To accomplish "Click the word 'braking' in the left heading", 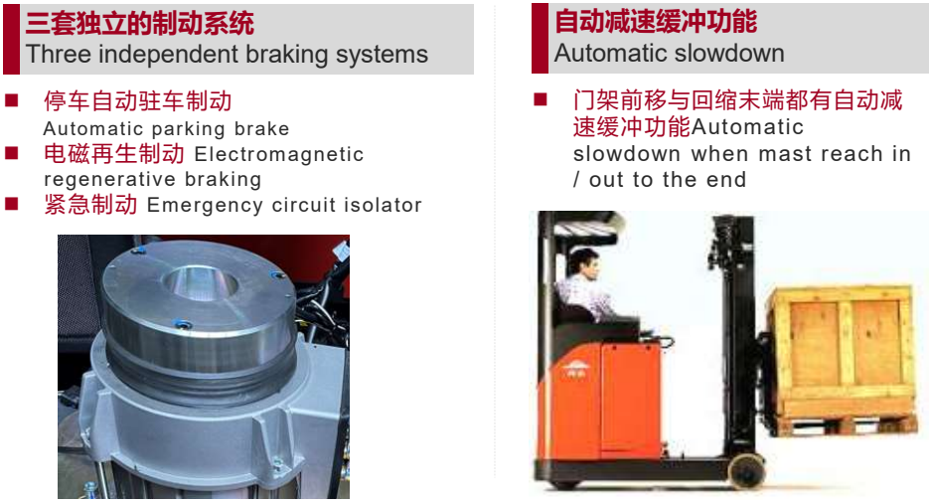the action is click(287, 55).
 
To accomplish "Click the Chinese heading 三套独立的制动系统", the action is click(139, 23).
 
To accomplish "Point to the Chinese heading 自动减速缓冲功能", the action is click(656, 21).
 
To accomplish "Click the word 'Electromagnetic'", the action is click(279, 154).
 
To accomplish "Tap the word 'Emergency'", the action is click(205, 206).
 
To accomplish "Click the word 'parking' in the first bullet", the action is click(189, 129).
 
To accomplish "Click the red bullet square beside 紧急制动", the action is click(11, 204).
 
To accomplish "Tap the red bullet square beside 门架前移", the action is click(540, 98).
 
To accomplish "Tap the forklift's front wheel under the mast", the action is click(747, 470).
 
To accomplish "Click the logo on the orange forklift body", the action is click(574, 370).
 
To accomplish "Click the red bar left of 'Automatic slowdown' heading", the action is click(540, 38).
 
